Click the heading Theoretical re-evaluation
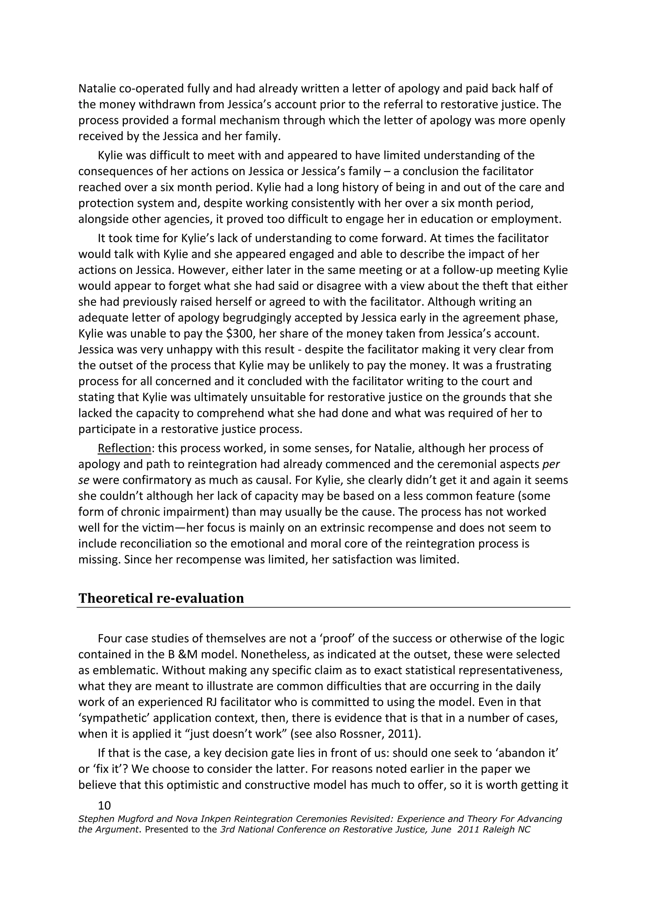tap(161, 598)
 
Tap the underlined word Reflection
tap(124, 448)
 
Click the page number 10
tap(104, 806)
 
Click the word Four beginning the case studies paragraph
tap(110, 638)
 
